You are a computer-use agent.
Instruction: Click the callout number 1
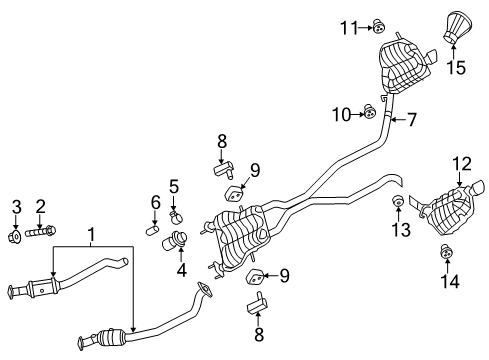click(92, 235)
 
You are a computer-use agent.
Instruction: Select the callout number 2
click(41, 206)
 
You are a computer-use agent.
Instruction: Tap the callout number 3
click(16, 206)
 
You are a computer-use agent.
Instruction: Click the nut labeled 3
click(16, 237)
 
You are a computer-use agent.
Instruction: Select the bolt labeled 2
click(42, 233)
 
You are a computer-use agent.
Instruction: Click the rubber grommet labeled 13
click(396, 206)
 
